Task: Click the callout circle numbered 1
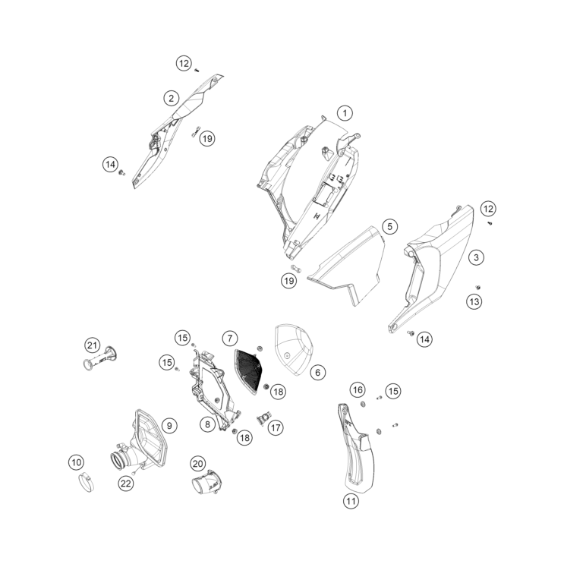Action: coord(345,114)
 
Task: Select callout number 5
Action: coord(389,226)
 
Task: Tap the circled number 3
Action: coord(476,258)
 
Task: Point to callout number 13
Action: coord(474,302)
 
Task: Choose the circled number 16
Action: coord(358,389)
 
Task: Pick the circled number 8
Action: coord(206,425)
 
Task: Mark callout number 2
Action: coord(172,98)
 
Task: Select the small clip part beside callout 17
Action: coord(266,417)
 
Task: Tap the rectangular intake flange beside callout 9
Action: coord(149,436)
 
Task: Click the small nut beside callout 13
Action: coord(479,287)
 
